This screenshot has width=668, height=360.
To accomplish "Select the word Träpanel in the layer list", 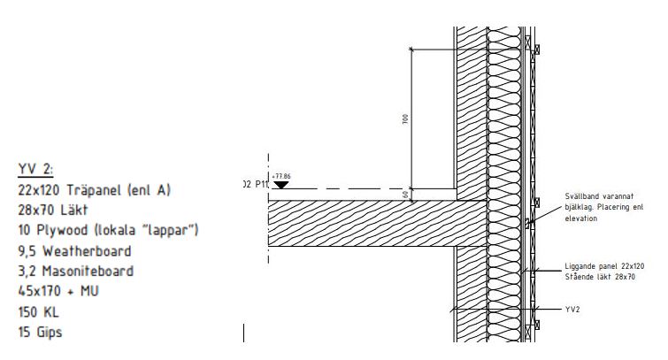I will (93, 189).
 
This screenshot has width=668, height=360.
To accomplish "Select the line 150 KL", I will (41, 312).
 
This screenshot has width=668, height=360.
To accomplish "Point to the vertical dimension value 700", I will (405, 119).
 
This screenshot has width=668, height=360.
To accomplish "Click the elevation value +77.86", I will (281, 176).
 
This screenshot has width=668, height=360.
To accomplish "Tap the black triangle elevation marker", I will (280, 184).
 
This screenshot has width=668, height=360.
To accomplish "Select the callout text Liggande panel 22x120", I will (600, 265).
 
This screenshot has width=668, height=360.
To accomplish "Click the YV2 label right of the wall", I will (572, 310).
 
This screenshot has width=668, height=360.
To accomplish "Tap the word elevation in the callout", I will (580, 218).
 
